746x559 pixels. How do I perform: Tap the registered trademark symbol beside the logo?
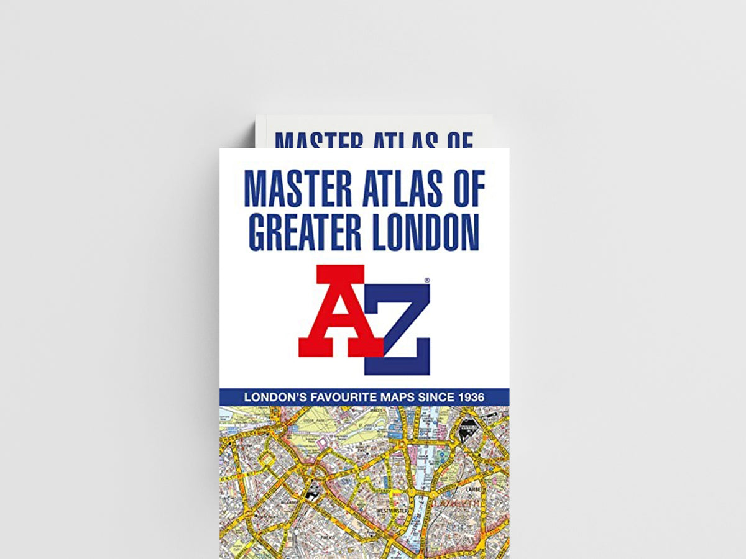click(426, 281)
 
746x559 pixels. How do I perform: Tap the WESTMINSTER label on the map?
click(392, 511)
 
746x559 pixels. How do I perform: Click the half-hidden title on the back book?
click(374, 140)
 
